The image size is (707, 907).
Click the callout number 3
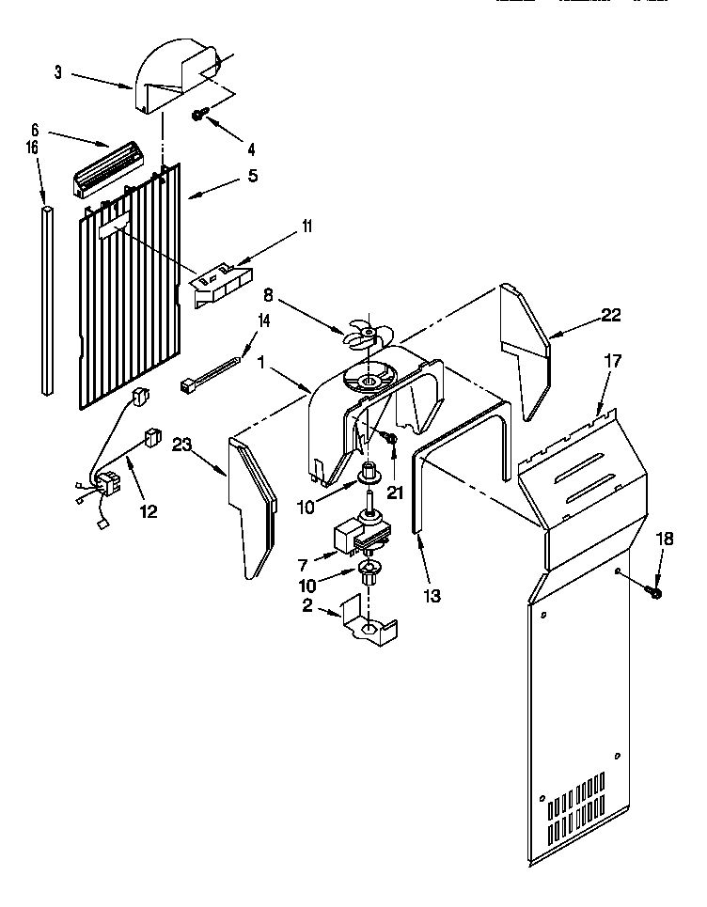click(x=58, y=72)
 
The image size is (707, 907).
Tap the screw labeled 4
click(x=200, y=115)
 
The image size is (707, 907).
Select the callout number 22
click(x=611, y=316)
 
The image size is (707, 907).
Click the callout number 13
click(x=432, y=595)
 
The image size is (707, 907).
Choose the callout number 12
click(x=149, y=511)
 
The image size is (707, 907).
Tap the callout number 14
click(x=264, y=322)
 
